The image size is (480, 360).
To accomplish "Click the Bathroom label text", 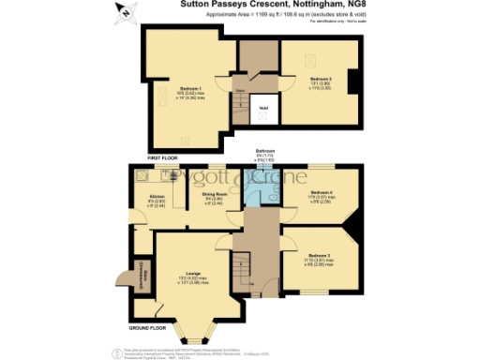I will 266,151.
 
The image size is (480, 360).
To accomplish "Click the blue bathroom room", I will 267,192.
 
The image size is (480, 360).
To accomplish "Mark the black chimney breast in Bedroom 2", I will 352,81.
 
